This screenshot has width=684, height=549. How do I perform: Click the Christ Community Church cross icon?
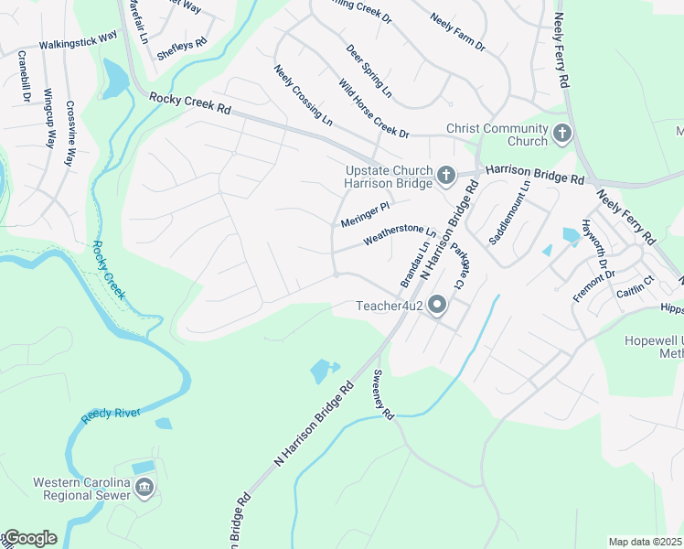(x=561, y=135)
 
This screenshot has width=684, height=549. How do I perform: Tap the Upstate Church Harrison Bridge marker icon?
(x=445, y=175)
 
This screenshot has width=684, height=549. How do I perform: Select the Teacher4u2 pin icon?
(x=437, y=306)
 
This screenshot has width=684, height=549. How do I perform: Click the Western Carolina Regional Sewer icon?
(x=144, y=489)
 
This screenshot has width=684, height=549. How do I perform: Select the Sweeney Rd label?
(x=382, y=394)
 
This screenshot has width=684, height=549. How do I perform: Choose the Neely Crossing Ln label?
(x=303, y=95)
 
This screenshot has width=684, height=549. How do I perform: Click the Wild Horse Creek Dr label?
(x=373, y=109)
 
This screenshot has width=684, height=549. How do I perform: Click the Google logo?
(x=29, y=538)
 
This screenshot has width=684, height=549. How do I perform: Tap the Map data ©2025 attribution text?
(x=646, y=542)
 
